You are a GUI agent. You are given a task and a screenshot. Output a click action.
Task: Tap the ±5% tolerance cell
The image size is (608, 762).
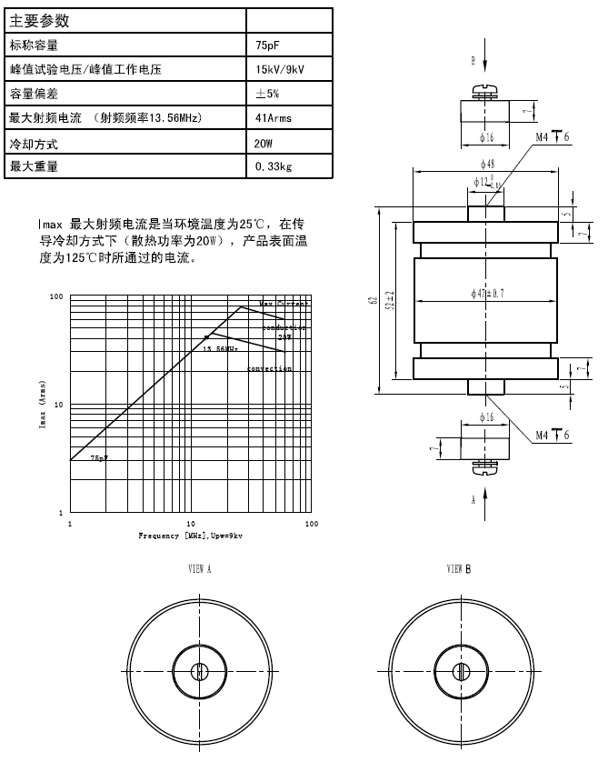tap(269, 94)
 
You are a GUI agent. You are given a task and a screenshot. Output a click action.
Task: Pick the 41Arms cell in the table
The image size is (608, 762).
tap(274, 118)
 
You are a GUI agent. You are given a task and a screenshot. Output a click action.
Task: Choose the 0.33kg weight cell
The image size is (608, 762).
tap(274, 167)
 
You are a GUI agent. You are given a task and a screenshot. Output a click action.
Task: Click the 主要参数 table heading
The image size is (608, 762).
tap(39, 19)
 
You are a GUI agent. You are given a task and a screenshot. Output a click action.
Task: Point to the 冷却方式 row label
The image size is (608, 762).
tap(30, 144)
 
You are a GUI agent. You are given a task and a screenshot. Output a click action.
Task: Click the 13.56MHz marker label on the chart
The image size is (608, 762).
tap(221, 348)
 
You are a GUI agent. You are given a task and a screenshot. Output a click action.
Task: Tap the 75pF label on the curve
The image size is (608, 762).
tap(98, 459)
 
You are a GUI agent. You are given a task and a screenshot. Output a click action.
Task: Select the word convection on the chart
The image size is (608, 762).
tap(270, 369)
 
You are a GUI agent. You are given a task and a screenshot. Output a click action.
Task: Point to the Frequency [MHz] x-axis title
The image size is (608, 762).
tap(190, 536)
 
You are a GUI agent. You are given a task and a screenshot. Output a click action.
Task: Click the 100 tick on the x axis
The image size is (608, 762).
tap(312, 525)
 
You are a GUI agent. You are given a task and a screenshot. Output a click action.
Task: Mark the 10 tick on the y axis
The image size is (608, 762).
tap(57, 405)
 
